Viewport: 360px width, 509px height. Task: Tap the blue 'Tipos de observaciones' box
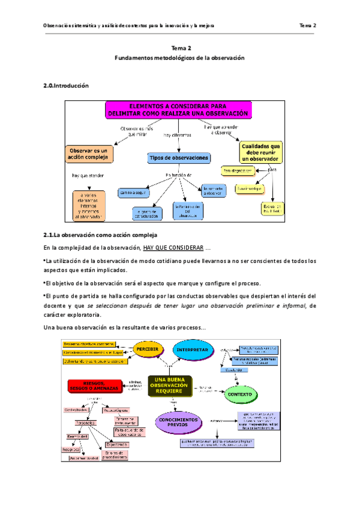[179, 158]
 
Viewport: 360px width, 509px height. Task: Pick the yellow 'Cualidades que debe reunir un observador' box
[261, 152]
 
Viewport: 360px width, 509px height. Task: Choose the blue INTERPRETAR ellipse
[192, 350]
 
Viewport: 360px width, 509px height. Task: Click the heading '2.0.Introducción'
[66, 86]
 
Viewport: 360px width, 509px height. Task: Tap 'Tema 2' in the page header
[308, 26]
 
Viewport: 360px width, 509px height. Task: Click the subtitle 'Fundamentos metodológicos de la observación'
[180, 58]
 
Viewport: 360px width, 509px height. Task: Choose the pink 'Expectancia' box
[117, 445]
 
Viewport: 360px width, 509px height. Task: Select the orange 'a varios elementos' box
[88, 205]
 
